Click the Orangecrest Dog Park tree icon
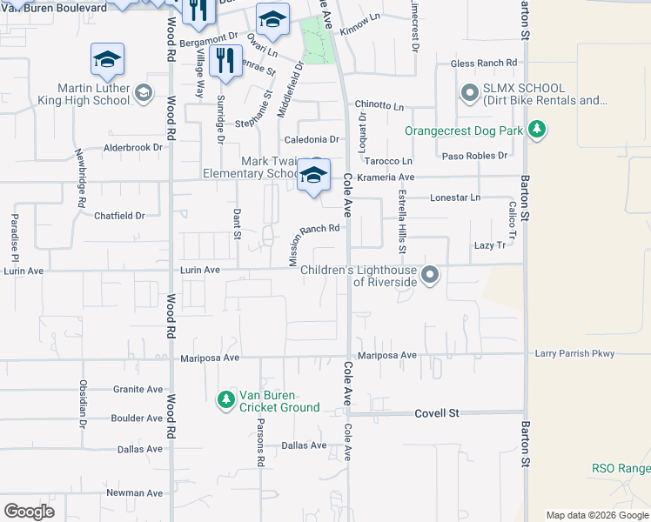click(x=538, y=131)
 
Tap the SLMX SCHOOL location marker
click(x=470, y=91)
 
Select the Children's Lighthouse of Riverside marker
click(x=429, y=276)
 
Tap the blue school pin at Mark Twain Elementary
click(x=313, y=176)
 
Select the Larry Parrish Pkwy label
click(x=574, y=353)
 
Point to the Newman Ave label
click(x=134, y=492)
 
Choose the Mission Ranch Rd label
click(x=313, y=244)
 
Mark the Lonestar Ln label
click(x=455, y=197)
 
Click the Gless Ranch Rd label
click(x=483, y=64)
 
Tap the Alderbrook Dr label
click(x=133, y=147)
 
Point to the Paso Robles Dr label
click(x=474, y=156)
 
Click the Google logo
click(x=29, y=511)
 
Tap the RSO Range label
click(x=621, y=468)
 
